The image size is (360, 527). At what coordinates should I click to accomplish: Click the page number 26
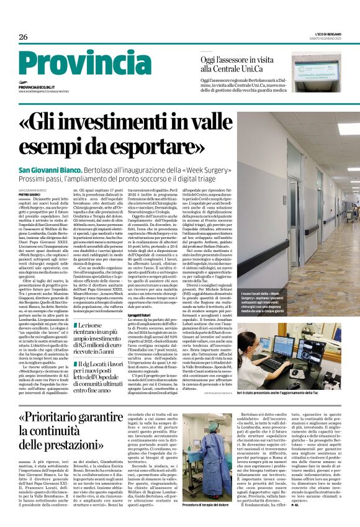click(x=24, y=37)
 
